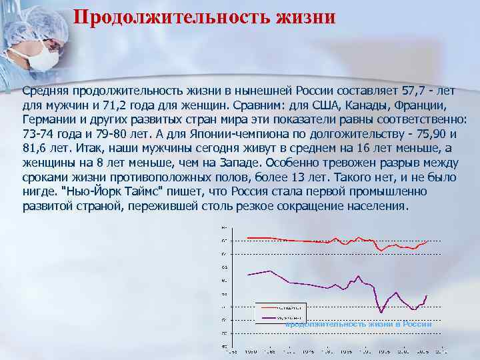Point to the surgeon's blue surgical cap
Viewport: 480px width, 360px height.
[27, 20]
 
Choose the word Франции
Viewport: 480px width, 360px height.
[414, 105]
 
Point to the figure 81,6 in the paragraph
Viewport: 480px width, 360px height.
[35, 149]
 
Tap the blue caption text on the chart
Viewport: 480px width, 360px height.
[359, 324]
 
